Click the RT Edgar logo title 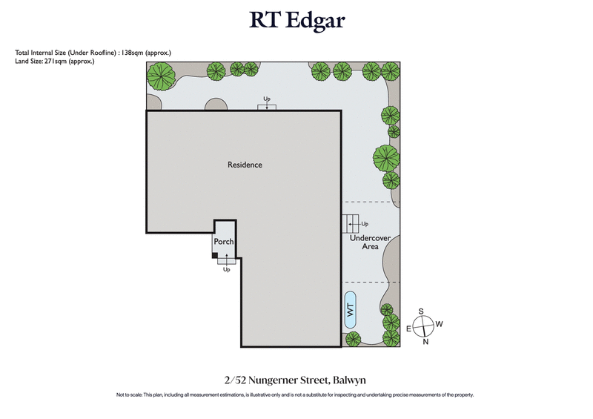pos(296,20)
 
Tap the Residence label pos(245,165)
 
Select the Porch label pos(224,242)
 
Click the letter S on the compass pos(421,311)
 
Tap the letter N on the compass pos(425,342)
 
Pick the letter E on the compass pos(407,328)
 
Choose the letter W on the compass pos(440,324)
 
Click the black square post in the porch pos(215,256)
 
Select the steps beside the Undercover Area pos(351,222)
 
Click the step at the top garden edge pos(267,107)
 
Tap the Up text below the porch pos(227,269)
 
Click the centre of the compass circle pos(423,326)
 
